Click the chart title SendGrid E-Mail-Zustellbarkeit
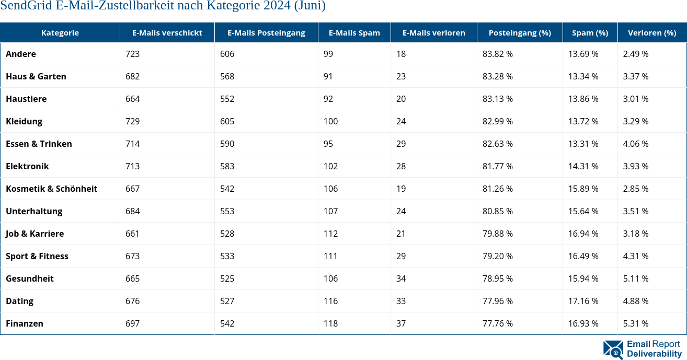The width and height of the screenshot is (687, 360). [x=163, y=6]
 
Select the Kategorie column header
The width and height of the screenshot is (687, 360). [x=60, y=32]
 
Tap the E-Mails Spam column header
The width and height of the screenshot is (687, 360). [x=354, y=32]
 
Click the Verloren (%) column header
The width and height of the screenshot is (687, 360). [x=651, y=32]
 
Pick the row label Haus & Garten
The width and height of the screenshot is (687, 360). [x=36, y=76]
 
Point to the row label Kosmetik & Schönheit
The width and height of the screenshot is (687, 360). [x=51, y=189]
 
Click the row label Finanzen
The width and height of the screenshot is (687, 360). [x=25, y=323]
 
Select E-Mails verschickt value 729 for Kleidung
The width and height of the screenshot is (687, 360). [x=133, y=121]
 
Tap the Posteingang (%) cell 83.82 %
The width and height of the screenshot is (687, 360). [x=497, y=54]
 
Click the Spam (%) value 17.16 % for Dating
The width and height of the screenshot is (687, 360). [x=583, y=301]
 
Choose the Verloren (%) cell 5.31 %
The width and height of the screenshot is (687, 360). [x=636, y=323]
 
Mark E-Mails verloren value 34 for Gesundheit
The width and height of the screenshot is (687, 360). [x=401, y=278]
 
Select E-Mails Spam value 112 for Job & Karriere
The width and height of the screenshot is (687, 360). [x=330, y=234]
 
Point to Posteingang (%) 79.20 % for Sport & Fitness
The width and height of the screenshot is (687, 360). [x=497, y=256]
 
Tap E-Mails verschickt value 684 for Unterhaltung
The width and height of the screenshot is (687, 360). [x=133, y=211]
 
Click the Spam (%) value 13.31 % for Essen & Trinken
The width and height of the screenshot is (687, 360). [x=583, y=144]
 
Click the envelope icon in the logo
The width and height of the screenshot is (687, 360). [x=613, y=350]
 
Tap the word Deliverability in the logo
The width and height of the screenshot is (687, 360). [x=654, y=354]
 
